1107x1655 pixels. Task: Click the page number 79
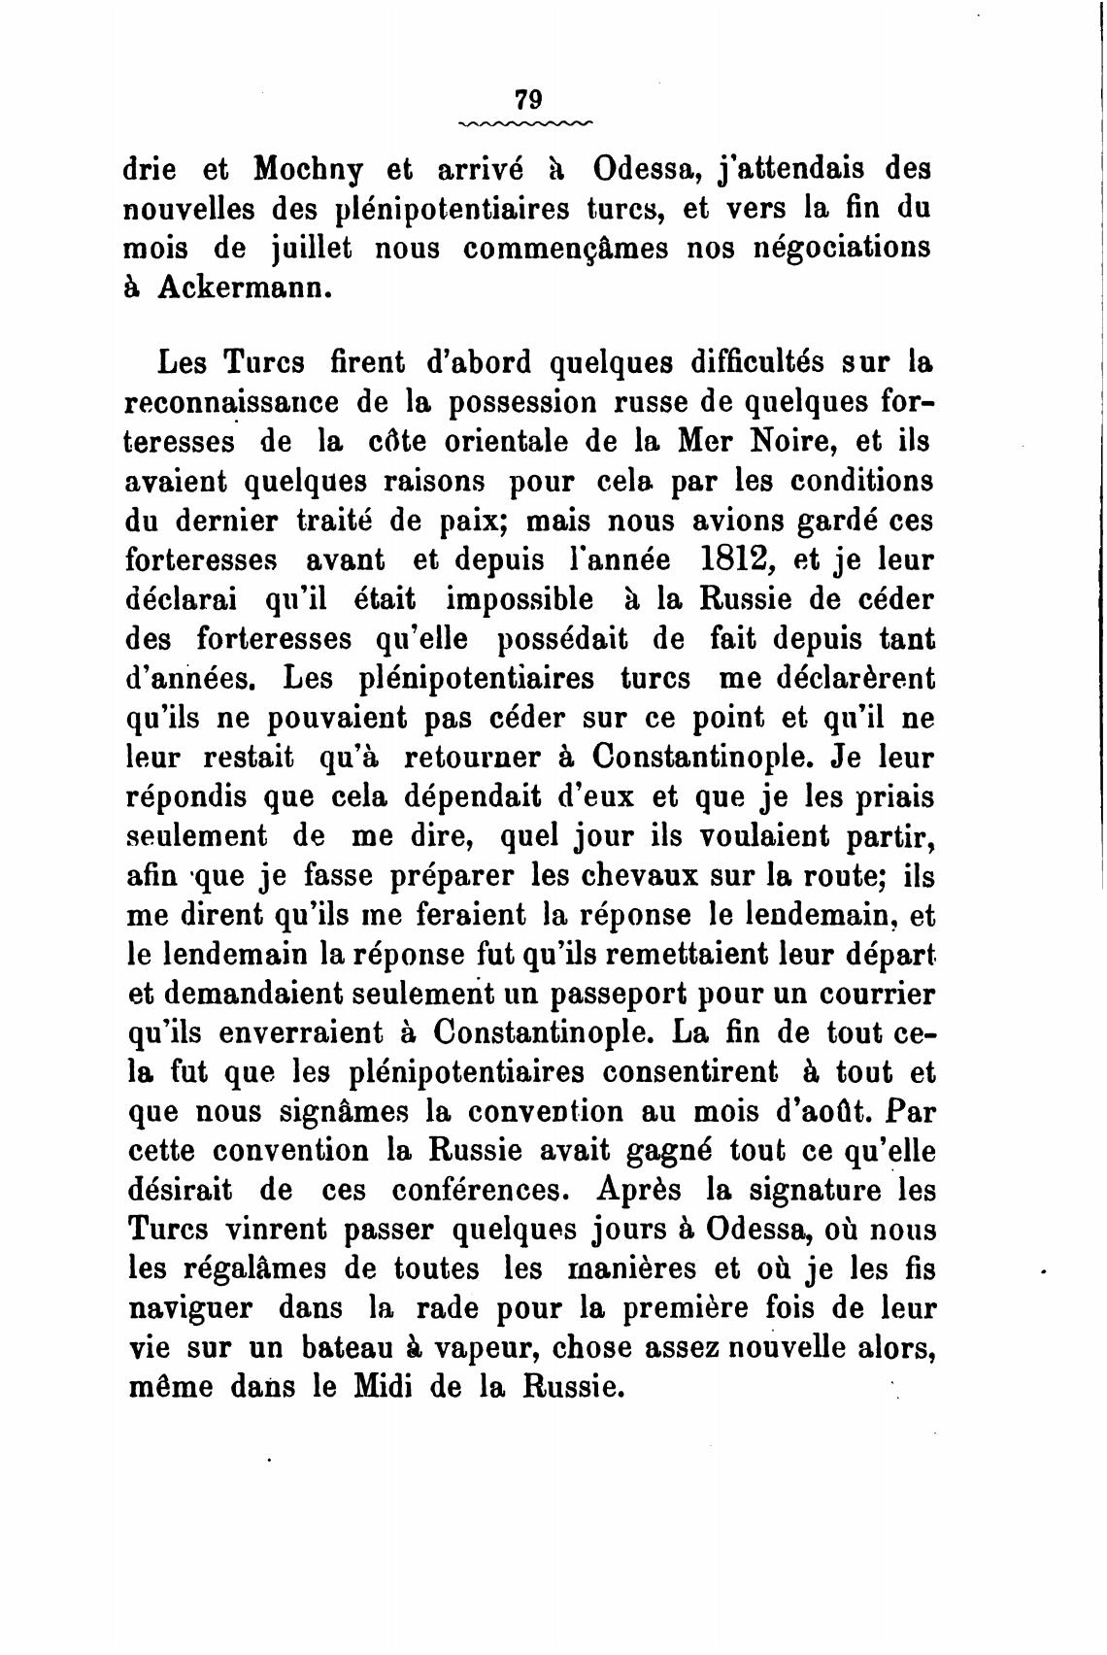click(528, 99)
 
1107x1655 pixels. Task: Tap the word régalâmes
click(263, 1269)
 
